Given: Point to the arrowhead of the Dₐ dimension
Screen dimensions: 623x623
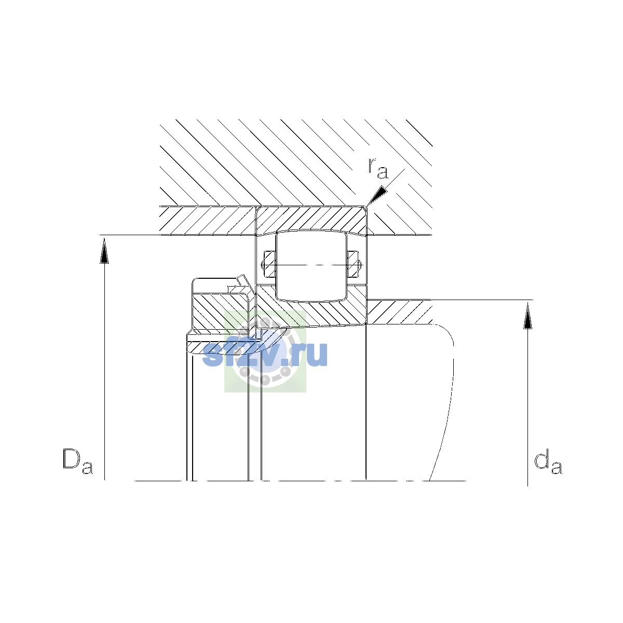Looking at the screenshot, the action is tap(104, 251).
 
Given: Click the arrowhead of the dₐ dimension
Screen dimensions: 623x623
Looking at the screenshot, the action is tap(527, 315).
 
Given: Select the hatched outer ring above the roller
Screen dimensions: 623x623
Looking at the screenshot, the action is tap(311, 219).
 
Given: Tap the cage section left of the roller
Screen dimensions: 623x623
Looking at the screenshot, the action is tap(269, 264).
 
